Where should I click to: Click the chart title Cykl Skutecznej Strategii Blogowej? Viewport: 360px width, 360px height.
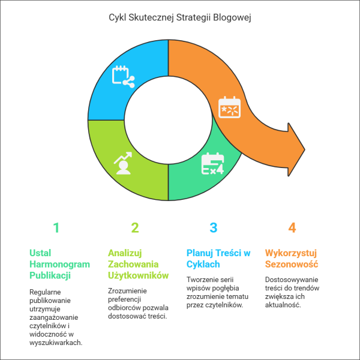point(180,17)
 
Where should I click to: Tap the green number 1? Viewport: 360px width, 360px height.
point(56,227)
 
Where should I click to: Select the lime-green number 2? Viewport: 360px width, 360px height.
point(135,227)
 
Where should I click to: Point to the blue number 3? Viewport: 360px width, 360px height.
point(214,227)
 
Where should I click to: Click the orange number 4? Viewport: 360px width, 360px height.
point(292,227)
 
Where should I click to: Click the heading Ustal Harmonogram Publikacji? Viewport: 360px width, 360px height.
point(59,264)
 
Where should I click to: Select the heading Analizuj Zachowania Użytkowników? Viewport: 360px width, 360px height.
point(138,264)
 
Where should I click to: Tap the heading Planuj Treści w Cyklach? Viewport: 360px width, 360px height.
point(218,259)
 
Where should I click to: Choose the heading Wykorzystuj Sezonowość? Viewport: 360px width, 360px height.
point(292,259)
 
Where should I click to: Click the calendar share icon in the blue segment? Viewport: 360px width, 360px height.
point(123,77)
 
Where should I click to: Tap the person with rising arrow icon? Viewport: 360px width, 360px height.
point(123,163)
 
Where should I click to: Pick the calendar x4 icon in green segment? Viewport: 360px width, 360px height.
point(212,163)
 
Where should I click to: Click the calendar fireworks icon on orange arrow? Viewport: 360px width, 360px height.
point(229,107)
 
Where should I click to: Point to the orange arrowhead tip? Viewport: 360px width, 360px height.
point(305,149)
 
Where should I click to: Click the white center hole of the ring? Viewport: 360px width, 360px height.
point(168,120)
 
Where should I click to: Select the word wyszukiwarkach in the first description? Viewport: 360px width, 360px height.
point(56,343)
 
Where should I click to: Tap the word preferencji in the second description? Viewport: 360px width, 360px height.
point(124,299)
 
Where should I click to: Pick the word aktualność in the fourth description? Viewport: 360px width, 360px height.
point(283,305)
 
